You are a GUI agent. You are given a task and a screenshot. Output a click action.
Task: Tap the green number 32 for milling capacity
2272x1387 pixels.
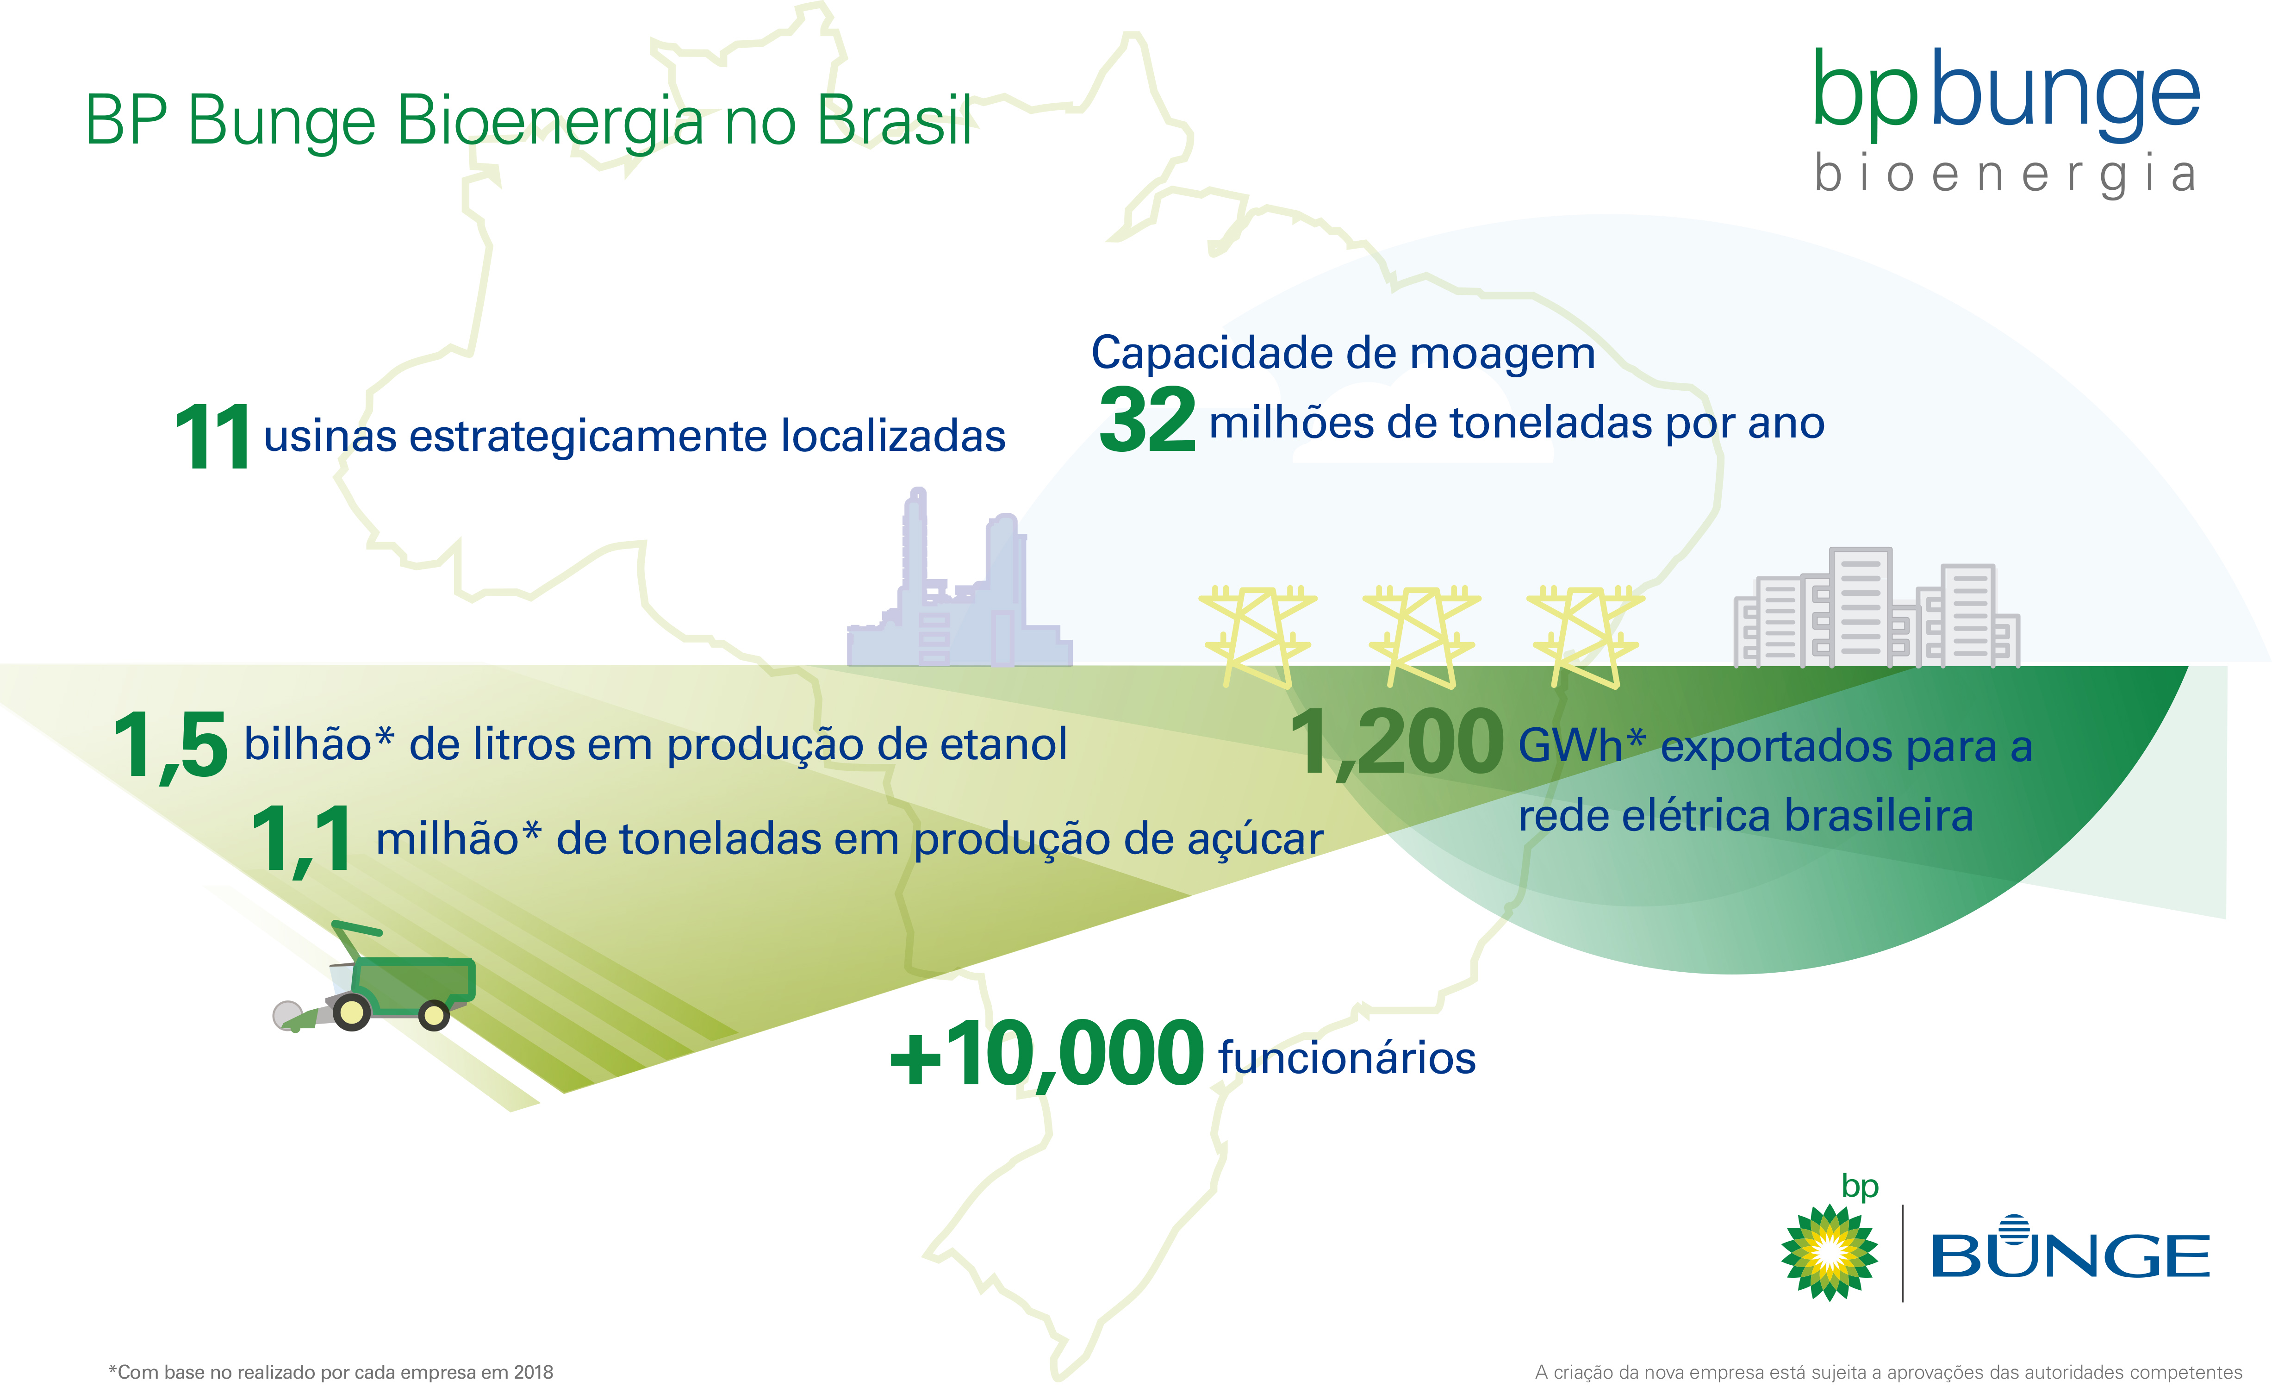pos(1147,420)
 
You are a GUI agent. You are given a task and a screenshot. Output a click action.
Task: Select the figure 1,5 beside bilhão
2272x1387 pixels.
pos(171,745)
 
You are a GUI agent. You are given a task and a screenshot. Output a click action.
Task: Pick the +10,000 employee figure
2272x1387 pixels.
pos(1046,1054)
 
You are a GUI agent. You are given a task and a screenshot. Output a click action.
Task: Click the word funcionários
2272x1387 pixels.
pos(1346,1058)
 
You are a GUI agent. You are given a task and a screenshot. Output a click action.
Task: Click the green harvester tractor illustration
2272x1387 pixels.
pos(374,978)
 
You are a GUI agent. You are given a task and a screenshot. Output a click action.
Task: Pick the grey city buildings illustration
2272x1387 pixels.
pos(1877,607)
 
